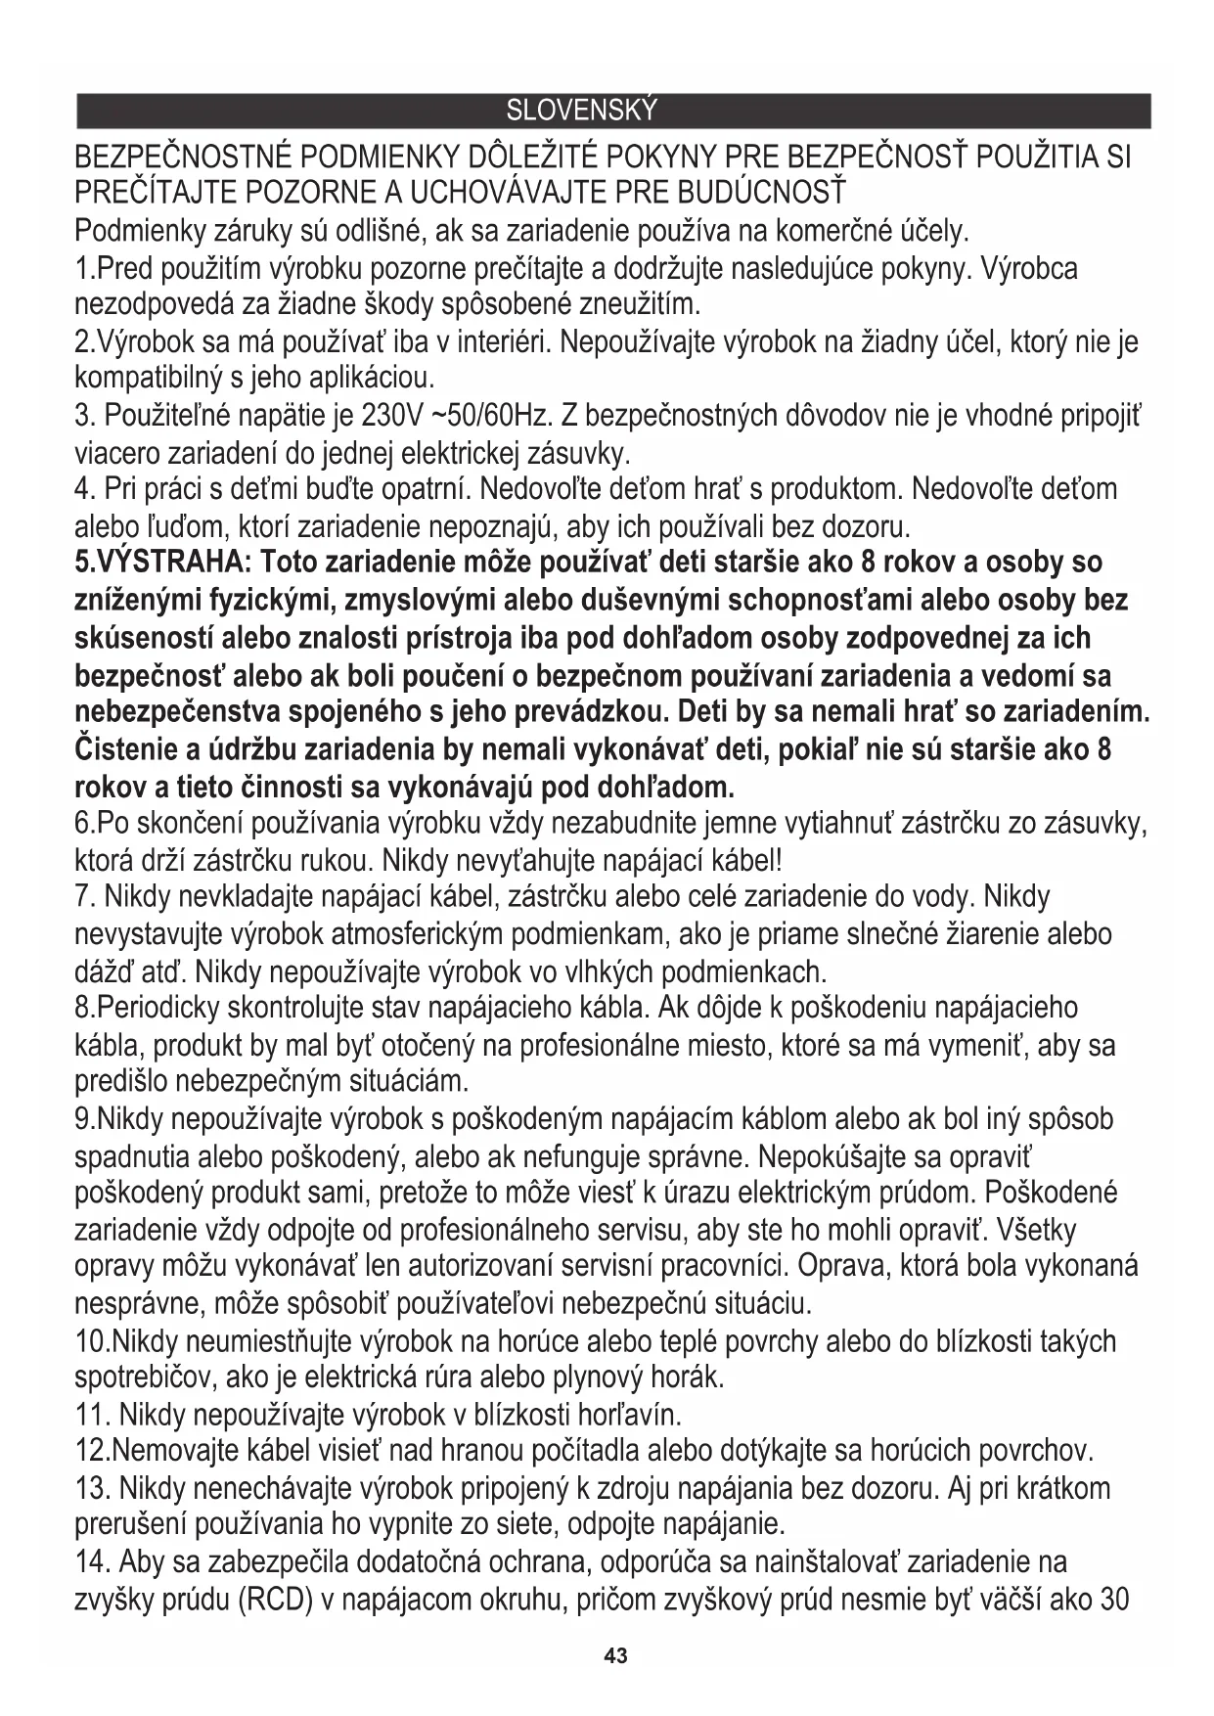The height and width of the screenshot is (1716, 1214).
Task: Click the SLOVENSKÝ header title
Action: (x=581, y=112)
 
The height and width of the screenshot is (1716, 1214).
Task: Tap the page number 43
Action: (x=615, y=1656)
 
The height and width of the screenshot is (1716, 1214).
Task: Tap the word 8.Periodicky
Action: (x=147, y=1008)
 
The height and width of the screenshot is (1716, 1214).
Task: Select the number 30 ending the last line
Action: (x=1115, y=1601)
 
